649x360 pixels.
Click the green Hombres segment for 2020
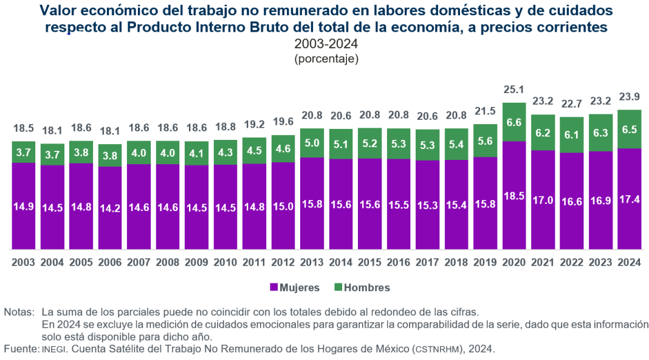[x=514, y=122]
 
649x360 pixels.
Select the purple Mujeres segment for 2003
[x=24, y=206]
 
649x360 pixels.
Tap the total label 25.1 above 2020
[x=514, y=90]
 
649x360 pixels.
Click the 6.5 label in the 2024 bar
[x=630, y=129]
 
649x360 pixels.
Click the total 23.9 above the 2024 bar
[x=630, y=97]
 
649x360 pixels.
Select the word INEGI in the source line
[x=53, y=349]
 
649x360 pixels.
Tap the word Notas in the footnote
[x=18, y=313]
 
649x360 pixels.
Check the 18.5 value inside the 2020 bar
[x=514, y=195]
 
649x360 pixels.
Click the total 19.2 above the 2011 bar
[x=255, y=125]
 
